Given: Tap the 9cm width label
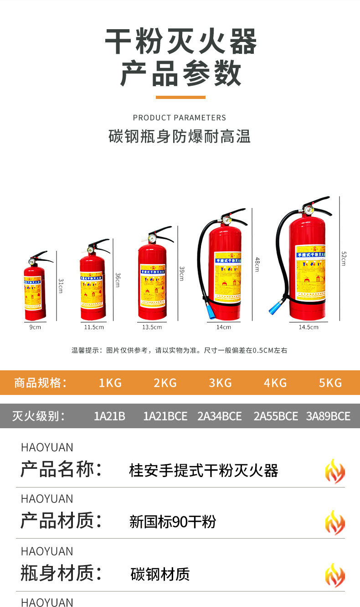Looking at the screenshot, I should click(x=36, y=327).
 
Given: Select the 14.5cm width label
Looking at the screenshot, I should click(x=309, y=327).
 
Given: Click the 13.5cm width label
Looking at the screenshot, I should click(x=152, y=327).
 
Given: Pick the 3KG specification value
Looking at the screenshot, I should click(x=221, y=383).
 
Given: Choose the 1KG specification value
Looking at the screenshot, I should click(x=110, y=383).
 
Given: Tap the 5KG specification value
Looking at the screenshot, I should click(x=330, y=383).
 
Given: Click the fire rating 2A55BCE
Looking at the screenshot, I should click(x=276, y=416).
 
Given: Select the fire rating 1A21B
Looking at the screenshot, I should click(x=109, y=416).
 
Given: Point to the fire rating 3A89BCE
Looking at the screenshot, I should click(x=328, y=416).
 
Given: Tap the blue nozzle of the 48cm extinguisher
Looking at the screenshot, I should click(x=210, y=312).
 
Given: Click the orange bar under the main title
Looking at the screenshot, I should click(x=180, y=97).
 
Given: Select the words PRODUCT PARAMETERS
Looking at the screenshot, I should click(x=180, y=118).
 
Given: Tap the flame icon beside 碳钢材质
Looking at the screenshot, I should click(x=334, y=575).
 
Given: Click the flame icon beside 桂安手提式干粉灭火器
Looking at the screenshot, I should click(x=334, y=471).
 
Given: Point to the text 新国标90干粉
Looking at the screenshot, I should click(x=173, y=522).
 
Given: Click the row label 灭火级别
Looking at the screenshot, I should click(x=39, y=416).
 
